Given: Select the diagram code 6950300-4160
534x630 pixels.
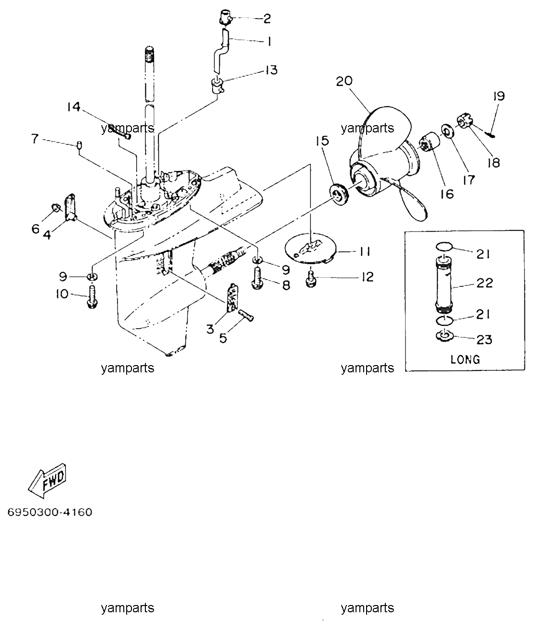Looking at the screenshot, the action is pos(50,512).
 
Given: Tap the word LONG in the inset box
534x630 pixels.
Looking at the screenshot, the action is pos(465,360).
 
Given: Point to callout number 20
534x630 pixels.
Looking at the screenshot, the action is pos(344,81).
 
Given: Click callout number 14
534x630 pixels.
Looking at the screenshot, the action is pos(74,107).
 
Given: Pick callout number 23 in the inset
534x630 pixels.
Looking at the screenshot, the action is pos(484,340).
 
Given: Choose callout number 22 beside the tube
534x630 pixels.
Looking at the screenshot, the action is pos(484,283).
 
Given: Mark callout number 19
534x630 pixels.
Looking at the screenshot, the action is pos(499,96).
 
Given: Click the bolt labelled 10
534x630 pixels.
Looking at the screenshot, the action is pos(92,296).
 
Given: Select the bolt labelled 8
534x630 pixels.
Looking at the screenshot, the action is pos(258,277).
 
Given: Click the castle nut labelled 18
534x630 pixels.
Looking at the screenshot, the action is pos(464,121).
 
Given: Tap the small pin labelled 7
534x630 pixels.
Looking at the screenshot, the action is pos(79,146).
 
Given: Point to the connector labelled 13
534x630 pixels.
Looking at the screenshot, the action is pos(218,85).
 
